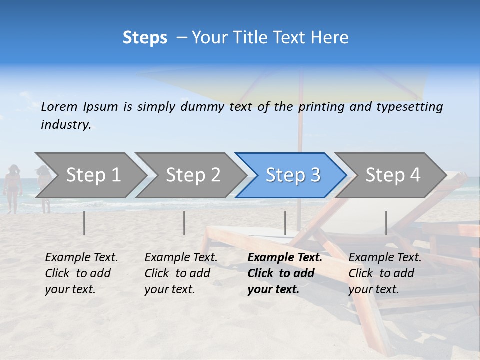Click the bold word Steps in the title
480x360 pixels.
(x=145, y=38)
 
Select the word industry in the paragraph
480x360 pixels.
(x=66, y=125)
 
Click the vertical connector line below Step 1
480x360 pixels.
(x=84, y=223)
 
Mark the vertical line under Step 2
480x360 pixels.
(x=184, y=223)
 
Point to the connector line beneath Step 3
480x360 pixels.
(x=285, y=223)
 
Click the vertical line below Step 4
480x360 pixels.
(x=386, y=223)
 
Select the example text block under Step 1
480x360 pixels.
(x=81, y=273)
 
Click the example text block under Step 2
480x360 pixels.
(x=181, y=273)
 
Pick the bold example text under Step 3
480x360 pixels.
(x=285, y=273)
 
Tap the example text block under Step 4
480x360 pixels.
(x=385, y=273)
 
